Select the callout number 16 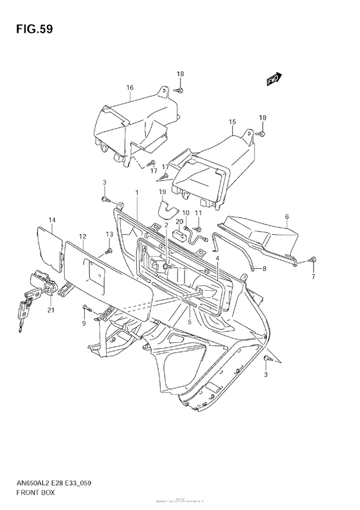pyautogui.click(x=130, y=87)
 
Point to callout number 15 pyautogui.click(x=232, y=121)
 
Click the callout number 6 pyautogui.click(x=287, y=217)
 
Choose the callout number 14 pyautogui.click(x=52, y=221)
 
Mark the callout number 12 pyautogui.click(x=83, y=237)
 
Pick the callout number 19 pyautogui.click(x=163, y=192)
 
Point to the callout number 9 pyautogui.click(x=84, y=323)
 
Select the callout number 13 pyautogui.click(x=109, y=233)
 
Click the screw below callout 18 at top pyautogui.click(x=181, y=90)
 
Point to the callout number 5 pyautogui.click(x=190, y=322)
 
